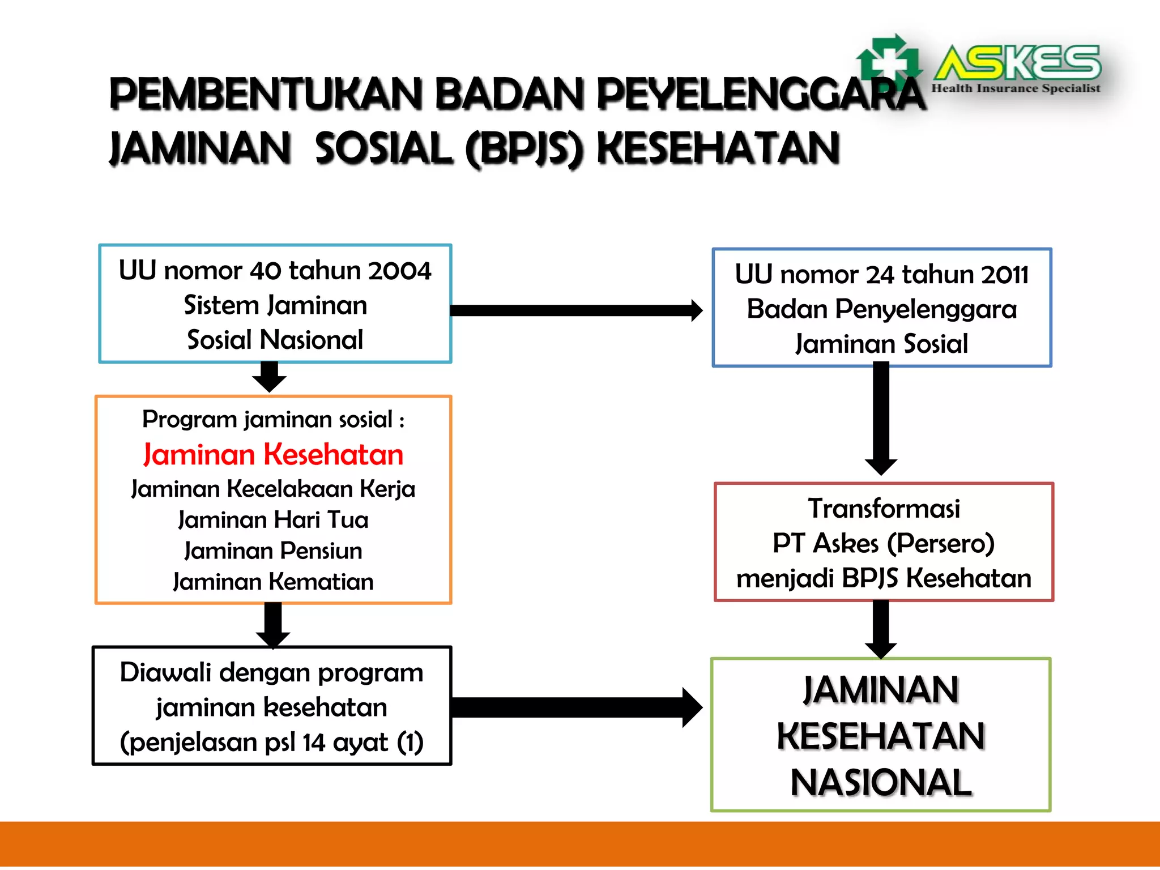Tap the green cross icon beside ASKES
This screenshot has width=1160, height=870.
pyautogui.click(x=888, y=61)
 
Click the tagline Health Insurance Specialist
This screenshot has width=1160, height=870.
pyautogui.click(x=1016, y=88)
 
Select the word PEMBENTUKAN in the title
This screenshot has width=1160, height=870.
pyautogui.click(x=266, y=95)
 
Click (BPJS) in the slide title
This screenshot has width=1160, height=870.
pyautogui.click(x=524, y=149)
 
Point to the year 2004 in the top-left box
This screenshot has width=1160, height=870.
pyautogui.click(x=399, y=271)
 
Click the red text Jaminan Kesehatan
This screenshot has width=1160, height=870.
pyautogui.click(x=273, y=455)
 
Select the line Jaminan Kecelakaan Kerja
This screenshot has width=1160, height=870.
pyautogui.click(x=273, y=489)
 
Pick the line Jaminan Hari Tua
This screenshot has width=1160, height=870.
pyautogui.click(x=273, y=520)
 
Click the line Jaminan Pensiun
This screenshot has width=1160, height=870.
pyautogui.click(x=273, y=551)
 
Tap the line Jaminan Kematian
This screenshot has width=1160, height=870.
pyautogui.click(x=273, y=582)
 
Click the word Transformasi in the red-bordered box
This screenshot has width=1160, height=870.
pyautogui.click(x=884, y=509)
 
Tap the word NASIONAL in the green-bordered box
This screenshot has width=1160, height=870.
pyautogui.click(x=881, y=783)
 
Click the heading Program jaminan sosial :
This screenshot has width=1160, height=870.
pyautogui.click(x=273, y=420)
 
